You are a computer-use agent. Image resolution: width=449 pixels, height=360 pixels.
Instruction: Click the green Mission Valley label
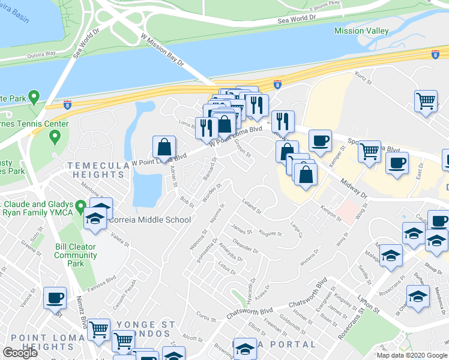[x=361, y=31]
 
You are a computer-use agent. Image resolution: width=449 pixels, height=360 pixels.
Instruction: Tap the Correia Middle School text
[x=149, y=220]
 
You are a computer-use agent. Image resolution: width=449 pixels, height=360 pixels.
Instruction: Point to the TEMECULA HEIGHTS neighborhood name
[x=96, y=170]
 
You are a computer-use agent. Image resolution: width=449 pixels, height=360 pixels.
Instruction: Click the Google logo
[x=20, y=353]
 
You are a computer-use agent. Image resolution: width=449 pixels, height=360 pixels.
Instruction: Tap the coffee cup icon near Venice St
[x=55, y=298]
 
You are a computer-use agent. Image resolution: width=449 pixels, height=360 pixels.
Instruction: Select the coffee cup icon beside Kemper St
[x=320, y=140]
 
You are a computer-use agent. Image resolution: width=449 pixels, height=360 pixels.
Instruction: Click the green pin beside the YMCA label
[x=79, y=206]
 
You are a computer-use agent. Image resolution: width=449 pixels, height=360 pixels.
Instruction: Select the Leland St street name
[x=252, y=206]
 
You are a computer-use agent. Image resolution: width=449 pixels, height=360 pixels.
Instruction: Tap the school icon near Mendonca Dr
[x=418, y=296]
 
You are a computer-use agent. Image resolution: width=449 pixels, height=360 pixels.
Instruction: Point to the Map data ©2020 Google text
[x=412, y=355]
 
